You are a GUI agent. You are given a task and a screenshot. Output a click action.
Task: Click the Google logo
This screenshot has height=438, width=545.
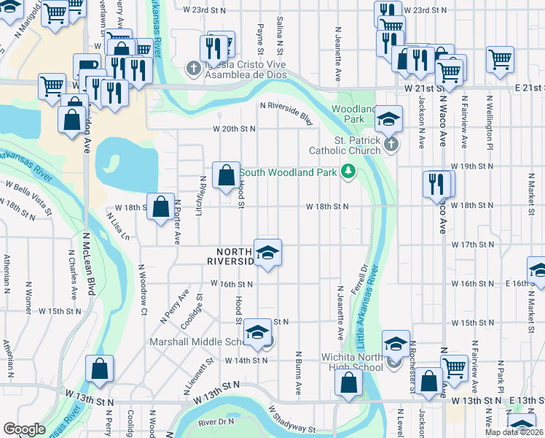pyautogui.click(x=24, y=429)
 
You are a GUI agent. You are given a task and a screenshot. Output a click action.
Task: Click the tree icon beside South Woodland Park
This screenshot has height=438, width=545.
pyautogui.click(x=348, y=172)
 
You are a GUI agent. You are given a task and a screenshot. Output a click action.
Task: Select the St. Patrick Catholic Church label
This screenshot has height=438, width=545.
pyautogui.click(x=348, y=145)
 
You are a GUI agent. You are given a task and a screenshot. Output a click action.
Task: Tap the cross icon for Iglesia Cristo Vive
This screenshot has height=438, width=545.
pyautogui.click(x=193, y=69)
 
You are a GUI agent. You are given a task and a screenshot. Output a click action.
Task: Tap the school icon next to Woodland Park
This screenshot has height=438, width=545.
pyautogui.click(x=389, y=118)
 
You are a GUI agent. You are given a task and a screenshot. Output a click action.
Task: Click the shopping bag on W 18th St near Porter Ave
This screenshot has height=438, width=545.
pyautogui.click(x=160, y=206)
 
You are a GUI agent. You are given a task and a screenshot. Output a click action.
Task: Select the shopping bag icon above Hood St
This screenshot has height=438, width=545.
pyautogui.click(x=226, y=174)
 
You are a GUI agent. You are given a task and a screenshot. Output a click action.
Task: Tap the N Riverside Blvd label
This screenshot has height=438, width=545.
pyautogui.click(x=286, y=114)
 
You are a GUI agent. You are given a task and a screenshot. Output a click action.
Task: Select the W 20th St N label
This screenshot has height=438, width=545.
pyautogui.click(x=234, y=128)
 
